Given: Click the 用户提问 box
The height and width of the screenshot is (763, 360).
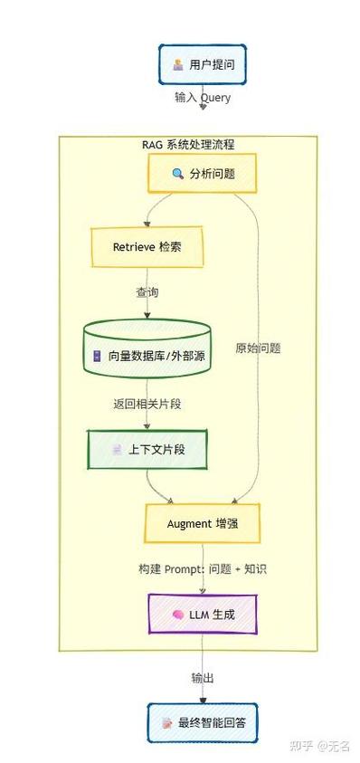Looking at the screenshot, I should coord(202,65).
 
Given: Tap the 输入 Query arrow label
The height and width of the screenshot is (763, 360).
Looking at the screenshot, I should coord(202,97).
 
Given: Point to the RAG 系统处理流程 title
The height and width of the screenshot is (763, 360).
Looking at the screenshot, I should coord(188,145).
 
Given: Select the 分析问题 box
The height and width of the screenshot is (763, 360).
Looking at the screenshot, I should coord(203,174).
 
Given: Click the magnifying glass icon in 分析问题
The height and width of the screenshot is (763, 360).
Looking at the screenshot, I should coord(177,174).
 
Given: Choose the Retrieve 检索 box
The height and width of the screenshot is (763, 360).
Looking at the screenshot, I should coord(146,246).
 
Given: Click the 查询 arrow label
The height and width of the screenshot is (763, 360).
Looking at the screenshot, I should coord(147,292).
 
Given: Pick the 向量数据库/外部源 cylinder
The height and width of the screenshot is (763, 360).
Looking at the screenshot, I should coord(147,354).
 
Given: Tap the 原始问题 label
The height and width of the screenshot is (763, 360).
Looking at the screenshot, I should coord(258,348).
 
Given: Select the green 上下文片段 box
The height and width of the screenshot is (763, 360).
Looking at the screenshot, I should coord(147,449).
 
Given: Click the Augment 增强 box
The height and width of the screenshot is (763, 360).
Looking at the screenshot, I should coord(202,523).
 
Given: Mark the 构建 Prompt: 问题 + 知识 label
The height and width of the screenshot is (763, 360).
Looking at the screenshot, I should coord(202,569).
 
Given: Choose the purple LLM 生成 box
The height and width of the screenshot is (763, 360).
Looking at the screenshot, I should coord(203,615).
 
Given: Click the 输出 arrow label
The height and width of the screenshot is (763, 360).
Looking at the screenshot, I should coord(203,678).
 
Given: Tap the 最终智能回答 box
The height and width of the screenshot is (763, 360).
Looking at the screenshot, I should coord(203,723).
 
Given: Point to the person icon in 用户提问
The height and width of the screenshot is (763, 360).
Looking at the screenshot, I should coord(177,65).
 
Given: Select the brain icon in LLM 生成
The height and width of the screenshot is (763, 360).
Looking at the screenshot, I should coord(178,615).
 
